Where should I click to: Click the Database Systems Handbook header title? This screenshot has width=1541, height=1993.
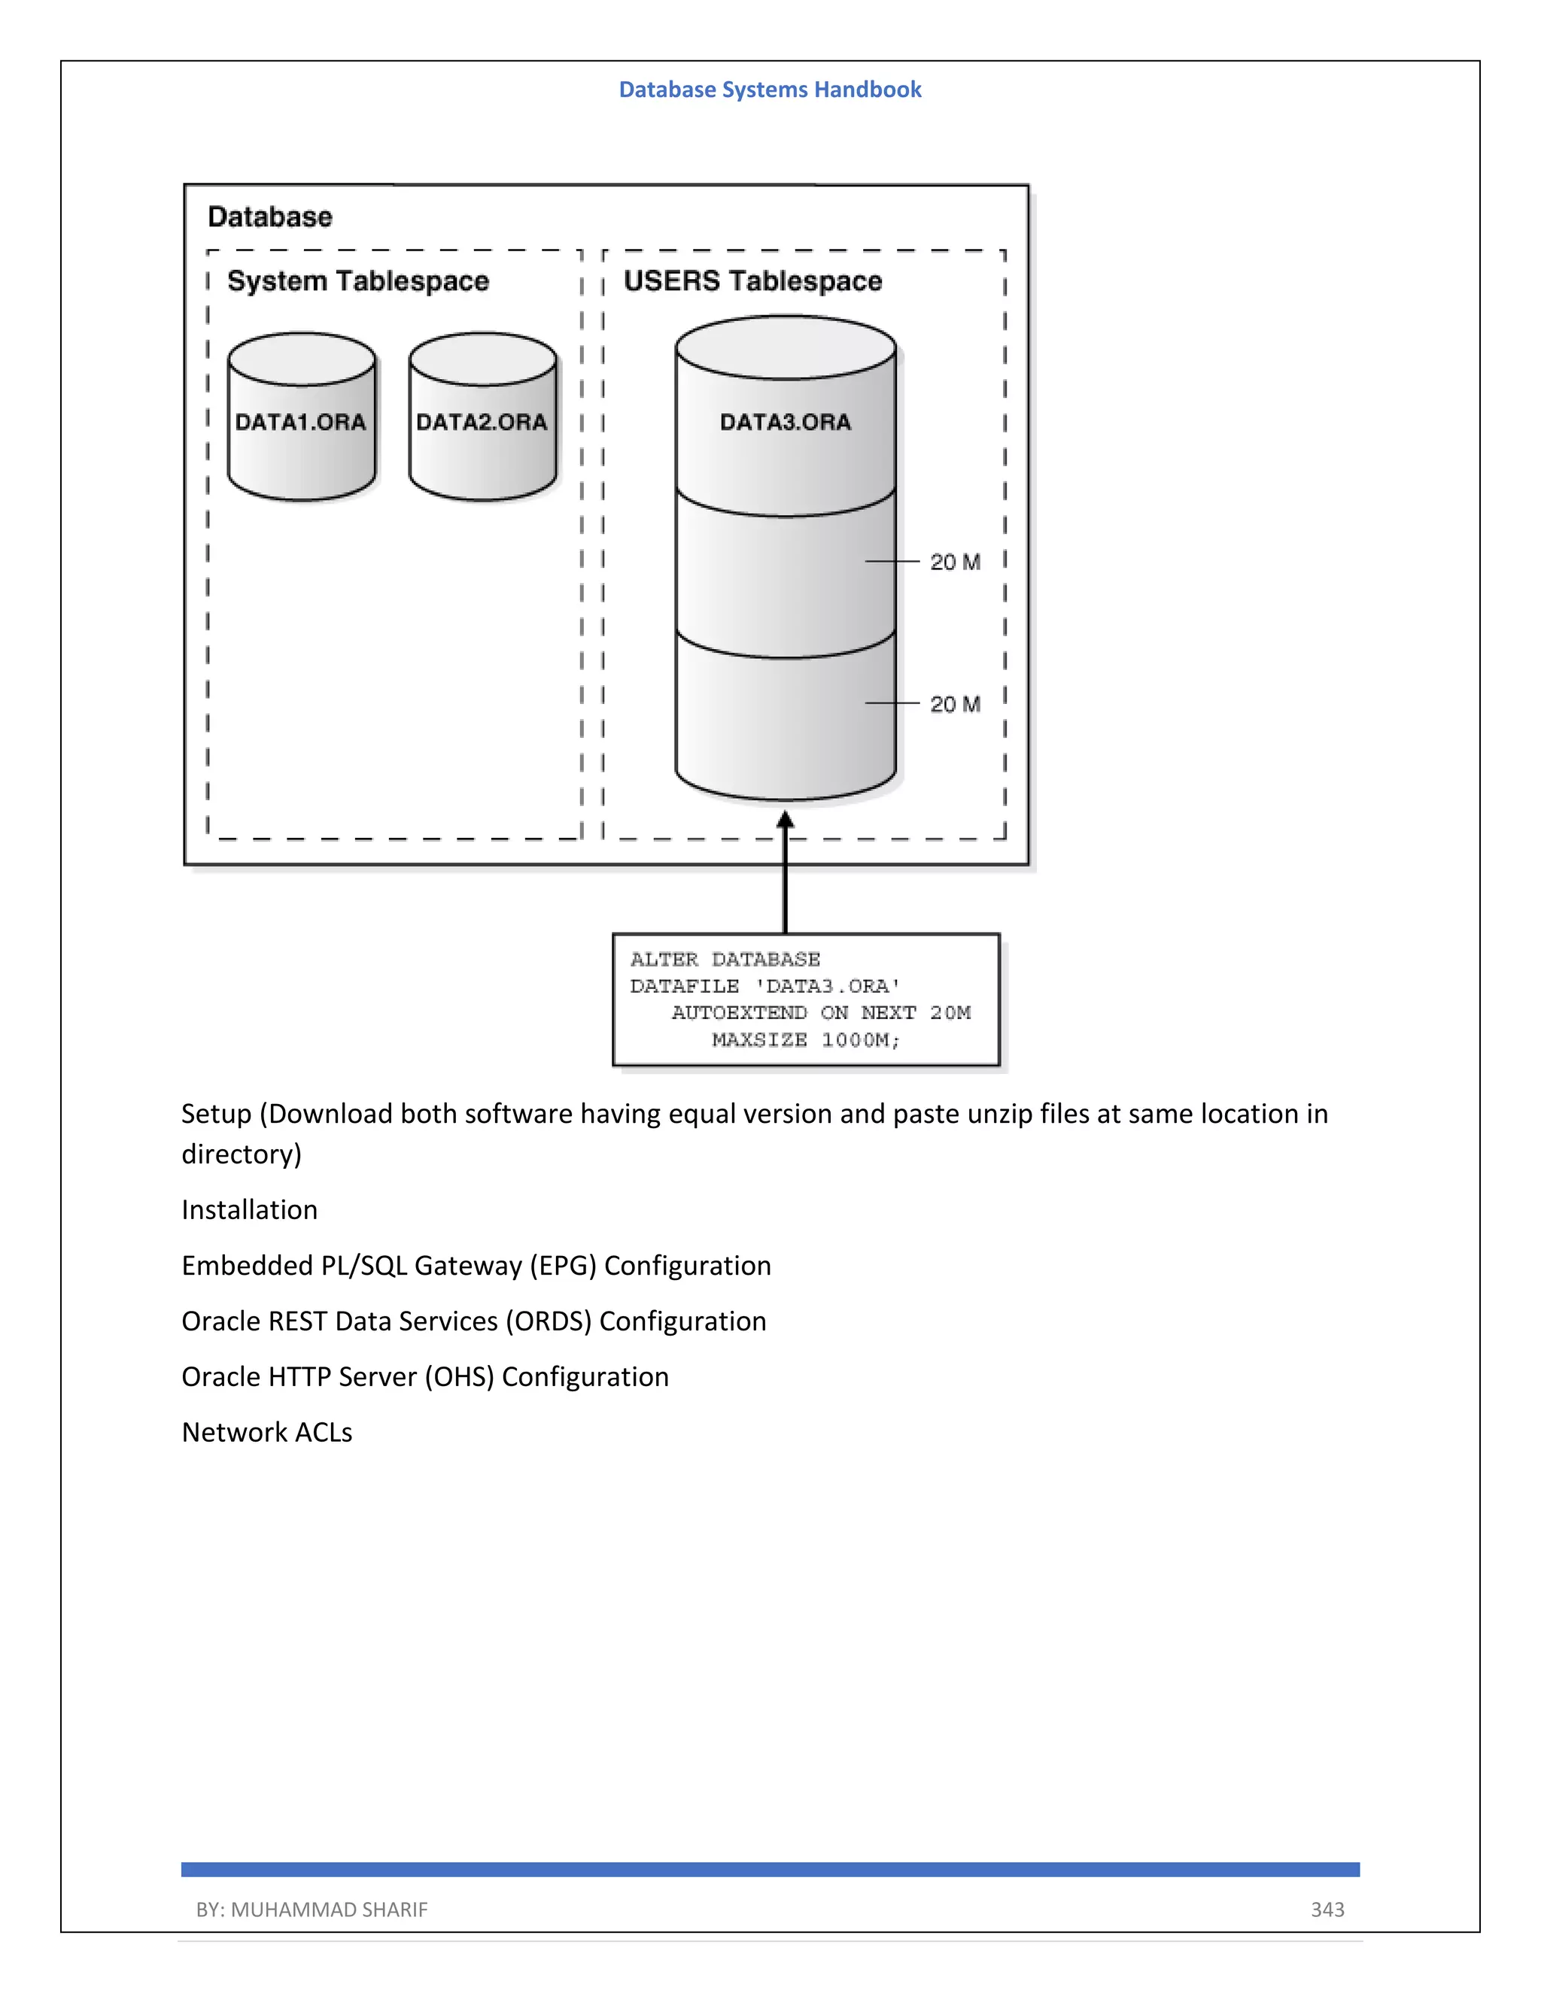[x=770, y=89]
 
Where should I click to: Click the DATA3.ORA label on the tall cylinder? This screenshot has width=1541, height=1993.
[x=785, y=422]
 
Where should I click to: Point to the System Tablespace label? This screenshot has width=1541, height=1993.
[x=358, y=281]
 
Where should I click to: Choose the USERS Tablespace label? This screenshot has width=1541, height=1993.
[x=752, y=281]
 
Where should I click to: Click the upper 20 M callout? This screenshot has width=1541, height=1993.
[x=955, y=562]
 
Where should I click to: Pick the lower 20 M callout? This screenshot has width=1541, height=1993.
[x=955, y=705]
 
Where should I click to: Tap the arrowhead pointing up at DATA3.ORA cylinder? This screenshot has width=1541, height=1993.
[x=785, y=821]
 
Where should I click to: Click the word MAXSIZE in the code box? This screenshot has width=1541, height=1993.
[x=758, y=1040]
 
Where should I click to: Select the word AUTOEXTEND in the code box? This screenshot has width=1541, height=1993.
[x=740, y=1013]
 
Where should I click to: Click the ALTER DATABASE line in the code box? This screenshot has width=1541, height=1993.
[x=725, y=960]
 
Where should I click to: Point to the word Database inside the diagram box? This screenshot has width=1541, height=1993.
[x=270, y=217]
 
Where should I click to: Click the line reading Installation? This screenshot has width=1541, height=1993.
[x=249, y=1210]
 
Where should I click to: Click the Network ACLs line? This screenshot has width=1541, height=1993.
[x=266, y=1433]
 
